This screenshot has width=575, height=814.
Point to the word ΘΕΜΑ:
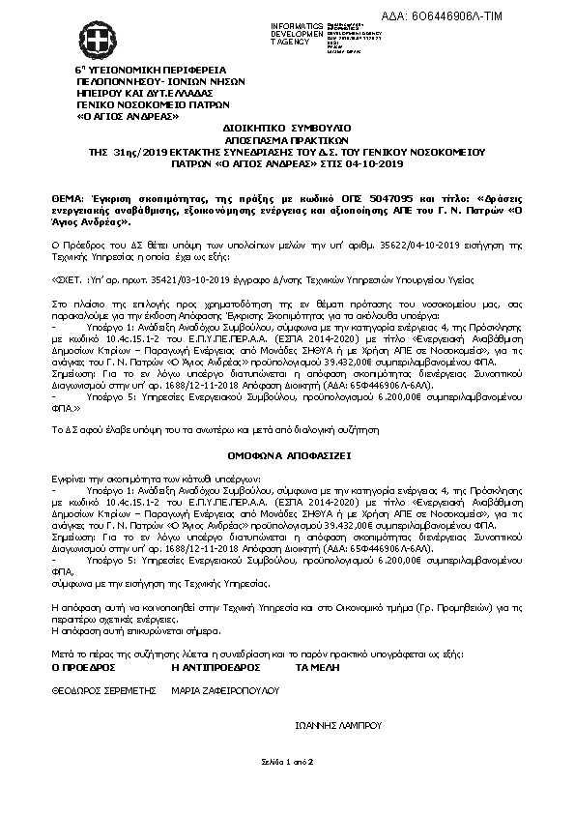(67, 195)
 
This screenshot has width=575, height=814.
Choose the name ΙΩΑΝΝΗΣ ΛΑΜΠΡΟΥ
(337, 723)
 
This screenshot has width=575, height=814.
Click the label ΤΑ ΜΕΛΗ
(317, 667)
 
